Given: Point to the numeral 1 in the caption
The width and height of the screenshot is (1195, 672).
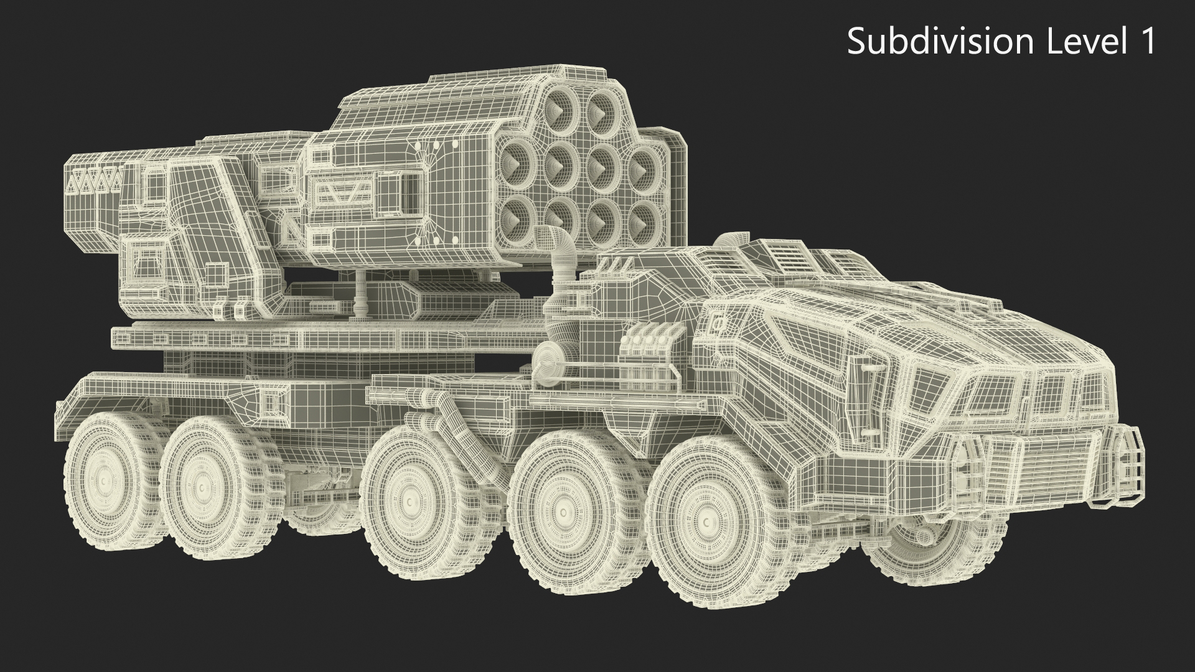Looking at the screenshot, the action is [1144, 42].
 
